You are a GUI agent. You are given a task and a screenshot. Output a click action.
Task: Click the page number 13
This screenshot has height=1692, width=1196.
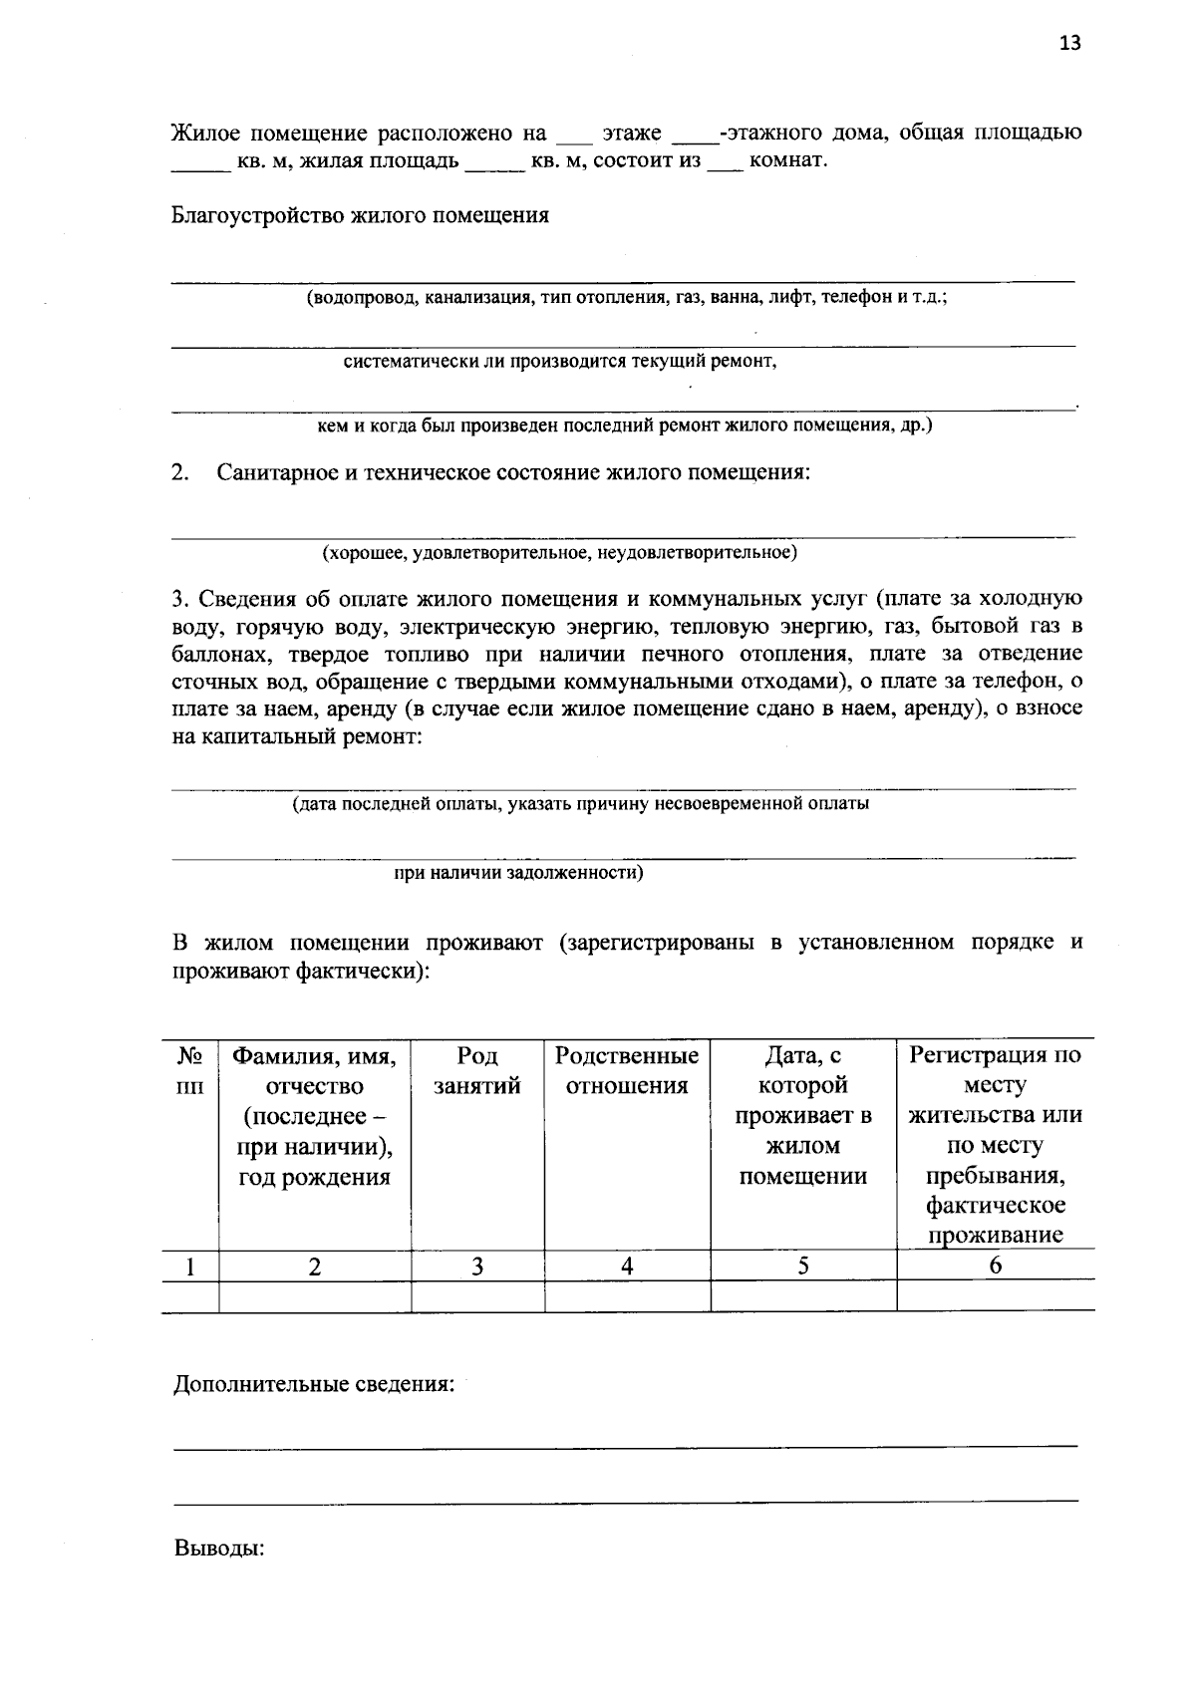coord(1069,43)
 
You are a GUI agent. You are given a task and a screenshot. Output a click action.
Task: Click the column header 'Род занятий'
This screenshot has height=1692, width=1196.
coord(477,1071)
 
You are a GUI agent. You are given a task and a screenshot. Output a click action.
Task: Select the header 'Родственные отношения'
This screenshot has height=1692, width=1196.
coord(627,1071)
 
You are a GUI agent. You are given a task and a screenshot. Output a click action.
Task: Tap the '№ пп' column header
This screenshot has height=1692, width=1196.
coord(189,1071)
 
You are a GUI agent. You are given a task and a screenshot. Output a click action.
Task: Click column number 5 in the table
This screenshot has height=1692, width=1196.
coord(802,1266)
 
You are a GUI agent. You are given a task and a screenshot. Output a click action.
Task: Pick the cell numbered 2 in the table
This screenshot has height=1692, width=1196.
coord(314,1267)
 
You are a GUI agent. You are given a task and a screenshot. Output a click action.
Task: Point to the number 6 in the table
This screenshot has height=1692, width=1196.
coord(995,1266)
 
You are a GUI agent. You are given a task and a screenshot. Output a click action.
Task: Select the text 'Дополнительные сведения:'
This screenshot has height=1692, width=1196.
coord(314,1385)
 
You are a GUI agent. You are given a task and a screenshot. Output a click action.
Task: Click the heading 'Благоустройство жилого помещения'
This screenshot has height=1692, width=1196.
coord(360,215)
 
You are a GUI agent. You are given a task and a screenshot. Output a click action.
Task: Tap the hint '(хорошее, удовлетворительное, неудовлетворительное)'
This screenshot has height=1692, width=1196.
coord(558,551)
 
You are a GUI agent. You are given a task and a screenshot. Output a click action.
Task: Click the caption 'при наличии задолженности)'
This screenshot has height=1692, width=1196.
coord(518,873)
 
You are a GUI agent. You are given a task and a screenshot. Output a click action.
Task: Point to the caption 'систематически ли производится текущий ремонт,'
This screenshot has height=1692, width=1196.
coord(560,362)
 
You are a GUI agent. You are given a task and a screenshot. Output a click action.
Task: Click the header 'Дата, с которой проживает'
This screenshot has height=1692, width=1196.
coord(802,1100)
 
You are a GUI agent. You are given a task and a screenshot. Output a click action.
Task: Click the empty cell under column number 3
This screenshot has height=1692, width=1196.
coord(477,1296)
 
